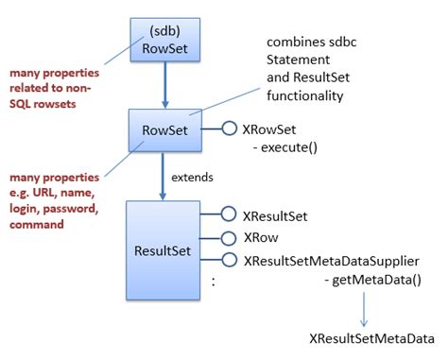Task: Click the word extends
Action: [191, 177]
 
